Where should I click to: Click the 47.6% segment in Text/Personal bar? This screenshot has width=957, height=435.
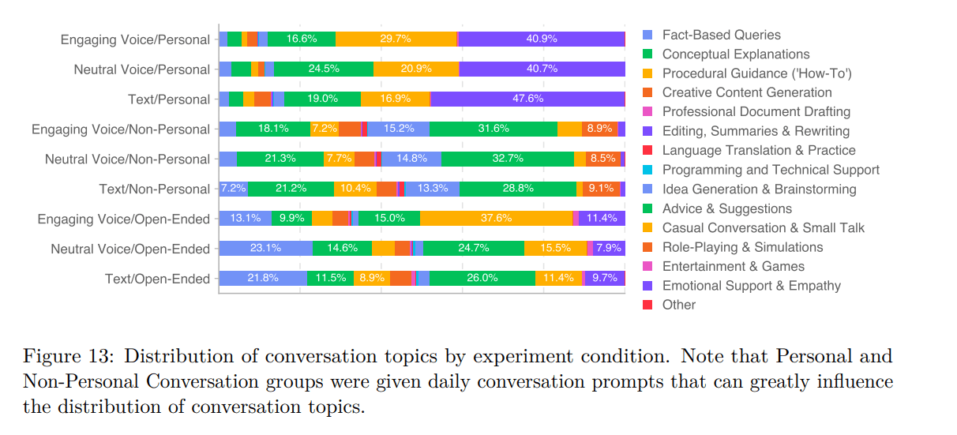pos(527,99)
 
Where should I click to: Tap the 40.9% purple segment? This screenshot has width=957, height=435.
pos(542,39)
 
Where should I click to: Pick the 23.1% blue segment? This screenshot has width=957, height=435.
pos(265,248)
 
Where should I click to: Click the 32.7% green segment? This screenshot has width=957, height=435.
pos(507,159)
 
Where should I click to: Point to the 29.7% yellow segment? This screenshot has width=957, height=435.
pos(396,39)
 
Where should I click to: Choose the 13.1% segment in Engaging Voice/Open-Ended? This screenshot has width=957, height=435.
pos(245,219)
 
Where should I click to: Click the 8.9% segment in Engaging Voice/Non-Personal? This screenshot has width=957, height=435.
pos(599,129)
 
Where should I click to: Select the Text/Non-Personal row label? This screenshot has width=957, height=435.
pos(154,189)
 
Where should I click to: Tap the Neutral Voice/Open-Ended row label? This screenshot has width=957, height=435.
pos(130,249)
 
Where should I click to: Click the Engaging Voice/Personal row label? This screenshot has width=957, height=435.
pos(135,39)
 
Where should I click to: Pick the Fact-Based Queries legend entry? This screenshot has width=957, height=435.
pos(721,35)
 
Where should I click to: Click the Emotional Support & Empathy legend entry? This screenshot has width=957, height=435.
pos(751,286)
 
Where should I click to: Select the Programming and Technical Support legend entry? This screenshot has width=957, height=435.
pos(770,170)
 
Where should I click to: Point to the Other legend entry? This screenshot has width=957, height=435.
pos(678,305)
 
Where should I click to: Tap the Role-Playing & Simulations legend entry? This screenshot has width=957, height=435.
pos(742,247)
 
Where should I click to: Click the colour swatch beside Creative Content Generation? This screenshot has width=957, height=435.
pos(648,92)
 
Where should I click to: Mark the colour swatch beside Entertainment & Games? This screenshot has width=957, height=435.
pos(648,266)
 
